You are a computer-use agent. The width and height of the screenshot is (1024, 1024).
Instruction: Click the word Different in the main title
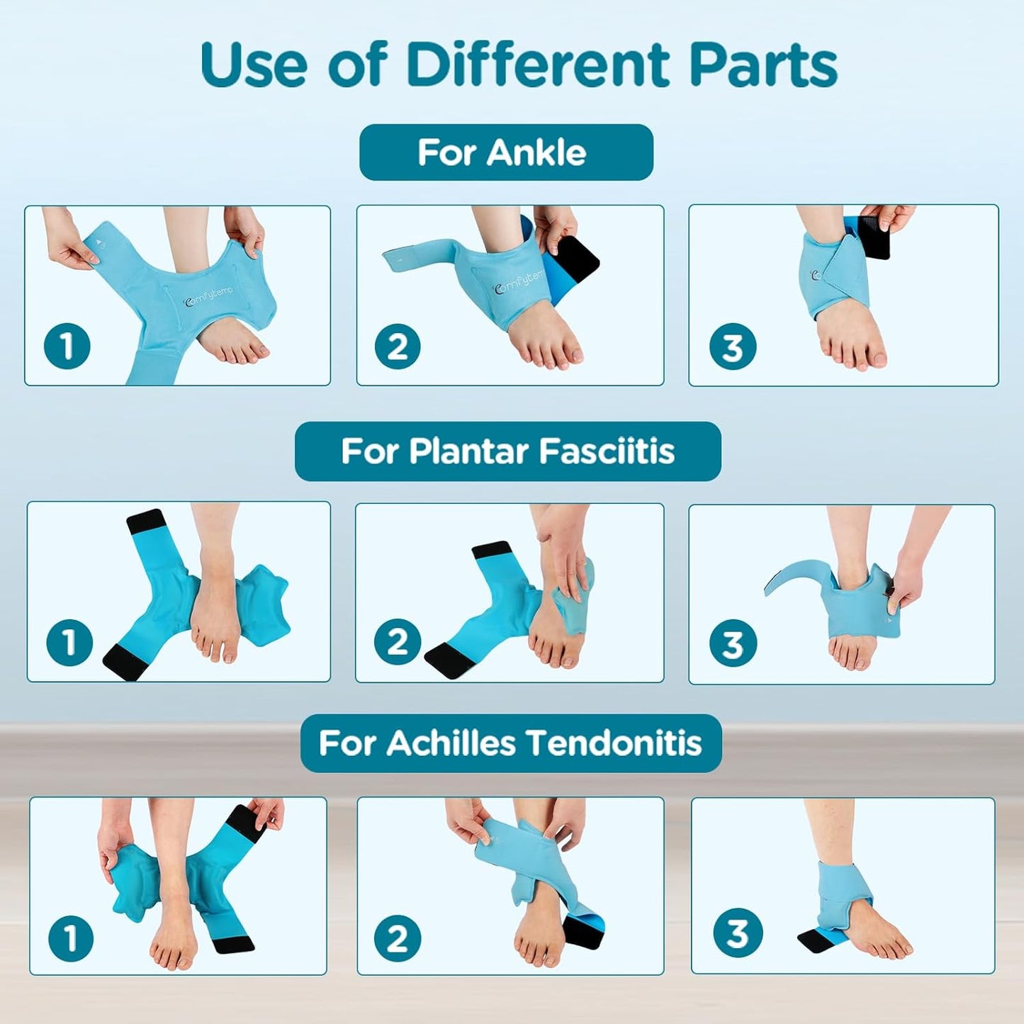[537, 65]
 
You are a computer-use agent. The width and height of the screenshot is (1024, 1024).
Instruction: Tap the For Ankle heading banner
[506, 152]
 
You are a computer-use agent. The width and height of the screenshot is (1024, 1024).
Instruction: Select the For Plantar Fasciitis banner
[507, 451]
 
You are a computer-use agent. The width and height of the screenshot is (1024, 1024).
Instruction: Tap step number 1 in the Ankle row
[67, 347]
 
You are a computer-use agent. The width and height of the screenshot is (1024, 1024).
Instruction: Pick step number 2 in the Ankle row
[398, 347]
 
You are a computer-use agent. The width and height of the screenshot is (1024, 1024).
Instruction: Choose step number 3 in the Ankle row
[732, 347]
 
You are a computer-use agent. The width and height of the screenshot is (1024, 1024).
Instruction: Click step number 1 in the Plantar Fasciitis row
[69, 643]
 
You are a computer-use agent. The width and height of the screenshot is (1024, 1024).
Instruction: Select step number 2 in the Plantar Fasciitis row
[397, 643]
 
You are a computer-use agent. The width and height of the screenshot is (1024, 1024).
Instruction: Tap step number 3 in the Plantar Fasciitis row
[732, 644]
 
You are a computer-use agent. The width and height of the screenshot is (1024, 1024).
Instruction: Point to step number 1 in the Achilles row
[71, 938]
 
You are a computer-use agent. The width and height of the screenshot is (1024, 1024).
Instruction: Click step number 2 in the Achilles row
[397, 938]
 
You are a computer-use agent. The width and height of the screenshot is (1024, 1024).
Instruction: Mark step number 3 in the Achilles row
[737, 933]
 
